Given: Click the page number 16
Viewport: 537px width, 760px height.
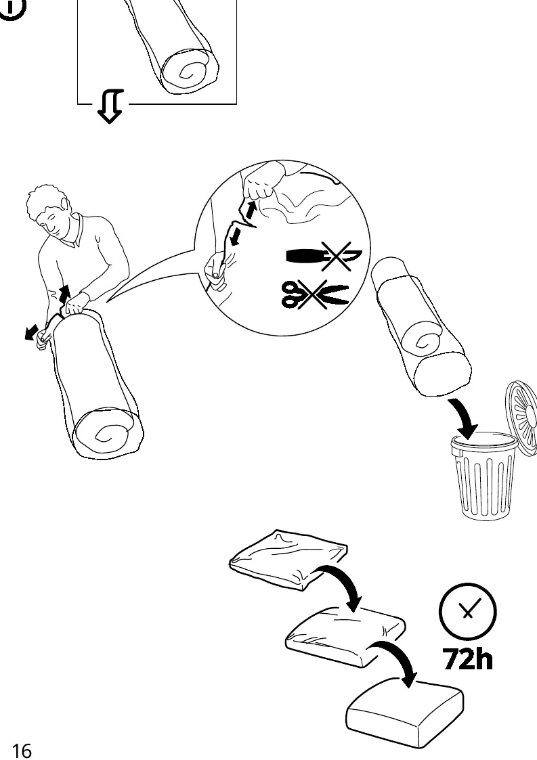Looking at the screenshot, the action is pyautogui.click(x=22, y=751).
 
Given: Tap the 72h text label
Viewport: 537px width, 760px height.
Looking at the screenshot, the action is pyautogui.click(x=468, y=659).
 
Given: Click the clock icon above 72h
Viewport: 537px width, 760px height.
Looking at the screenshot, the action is pyautogui.click(x=468, y=611).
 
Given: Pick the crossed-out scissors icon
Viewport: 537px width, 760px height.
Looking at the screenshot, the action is pyautogui.click(x=314, y=294).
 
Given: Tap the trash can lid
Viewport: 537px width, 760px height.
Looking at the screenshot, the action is pyautogui.click(x=522, y=418).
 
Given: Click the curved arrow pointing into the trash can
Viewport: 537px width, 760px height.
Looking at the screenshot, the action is pyautogui.click(x=465, y=418).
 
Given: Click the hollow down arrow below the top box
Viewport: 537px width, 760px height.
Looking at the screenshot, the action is pyautogui.click(x=110, y=106).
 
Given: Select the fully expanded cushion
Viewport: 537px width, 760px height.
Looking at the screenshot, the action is pyautogui.click(x=404, y=712).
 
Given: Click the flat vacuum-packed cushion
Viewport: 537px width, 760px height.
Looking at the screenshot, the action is pyautogui.click(x=288, y=559).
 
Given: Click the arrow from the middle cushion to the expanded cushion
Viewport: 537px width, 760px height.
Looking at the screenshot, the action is pyautogui.click(x=400, y=656).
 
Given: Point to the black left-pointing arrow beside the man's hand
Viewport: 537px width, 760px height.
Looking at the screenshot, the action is pyautogui.click(x=32, y=332).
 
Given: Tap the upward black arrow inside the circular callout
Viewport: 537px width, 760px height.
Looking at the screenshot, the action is pyautogui.click(x=251, y=210).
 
